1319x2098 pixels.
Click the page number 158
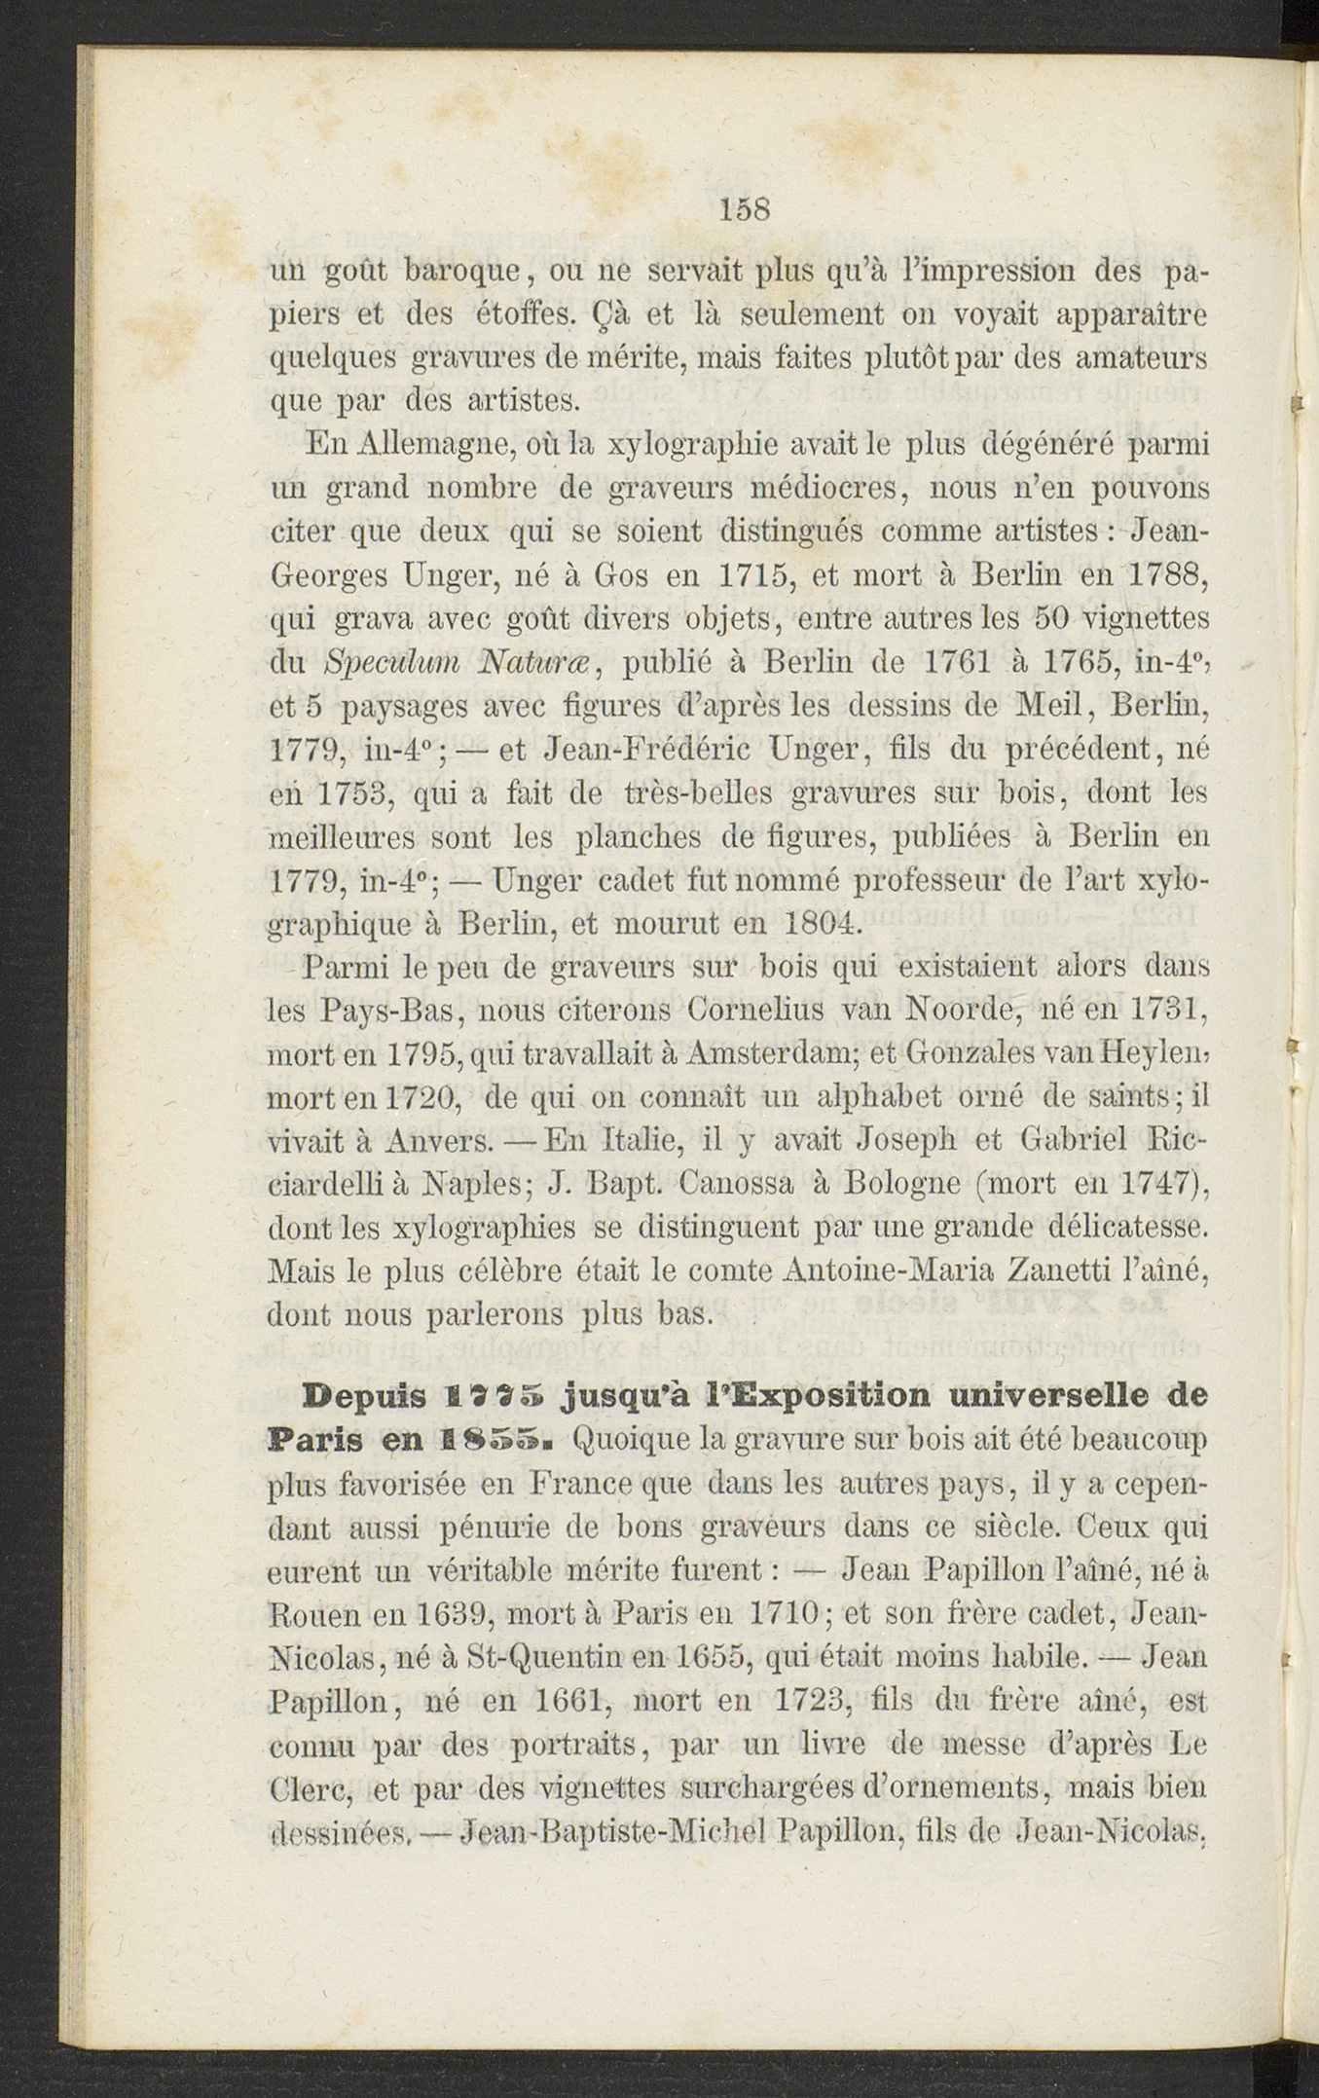(746, 209)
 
